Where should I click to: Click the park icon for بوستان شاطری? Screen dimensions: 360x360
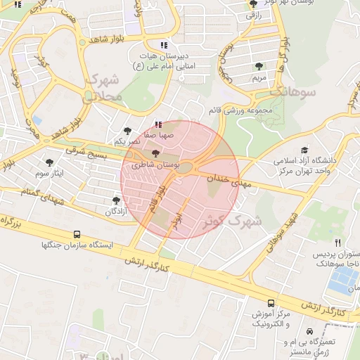[x=155, y=154]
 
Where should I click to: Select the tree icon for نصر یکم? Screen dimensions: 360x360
[x=127, y=131]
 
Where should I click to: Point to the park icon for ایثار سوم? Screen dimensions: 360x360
[x=49, y=162]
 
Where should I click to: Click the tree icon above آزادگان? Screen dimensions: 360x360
[x=116, y=200]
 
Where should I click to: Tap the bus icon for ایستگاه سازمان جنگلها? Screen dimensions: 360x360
[x=77, y=234]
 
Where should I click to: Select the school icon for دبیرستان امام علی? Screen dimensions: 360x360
[x=164, y=45]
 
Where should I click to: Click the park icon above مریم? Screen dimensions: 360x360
[x=260, y=66]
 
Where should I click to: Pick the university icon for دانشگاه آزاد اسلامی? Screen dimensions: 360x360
[x=304, y=150]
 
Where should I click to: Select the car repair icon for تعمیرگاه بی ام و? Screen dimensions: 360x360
[x=308, y=329]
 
